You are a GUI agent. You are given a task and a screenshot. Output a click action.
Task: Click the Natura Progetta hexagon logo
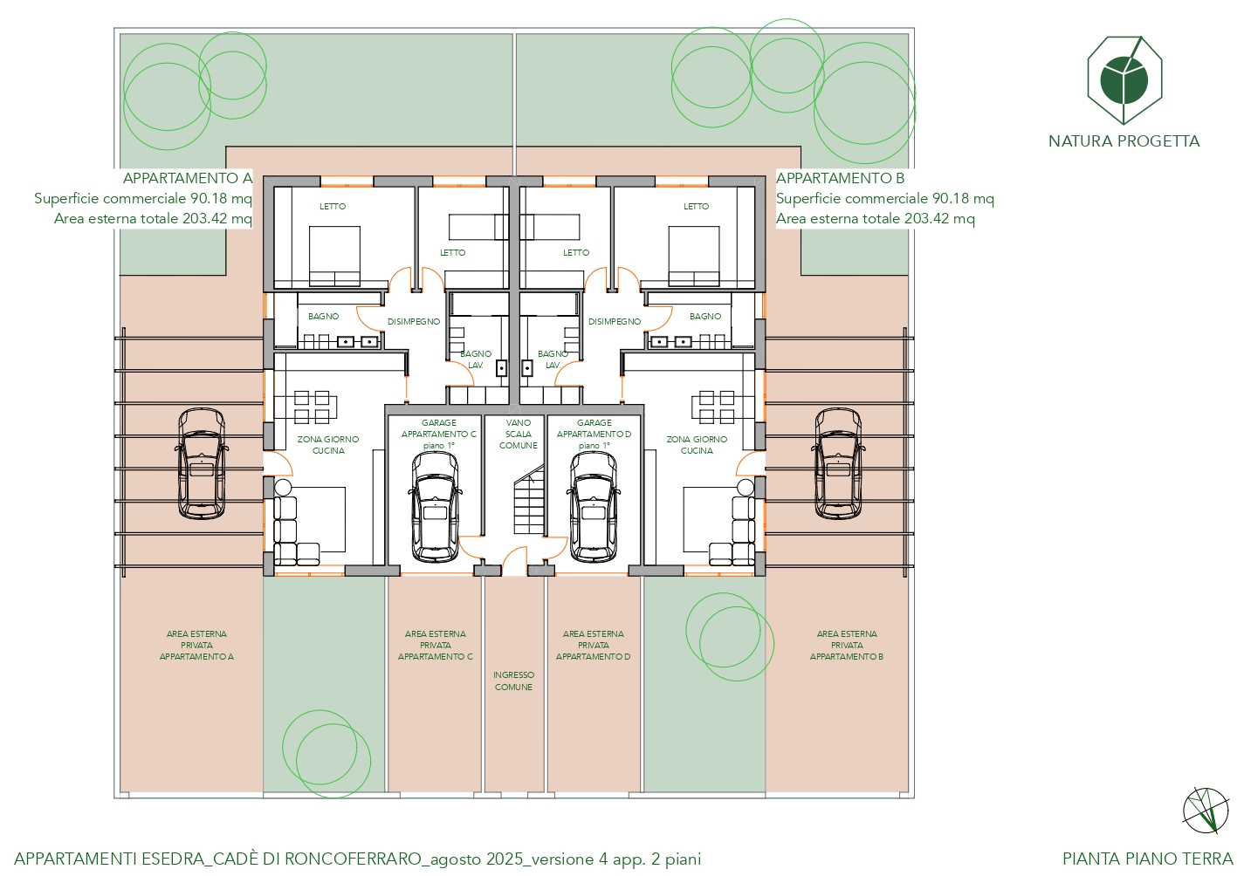pyautogui.click(x=1124, y=80)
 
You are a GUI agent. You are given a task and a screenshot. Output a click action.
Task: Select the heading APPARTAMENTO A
pyautogui.click(x=188, y=178)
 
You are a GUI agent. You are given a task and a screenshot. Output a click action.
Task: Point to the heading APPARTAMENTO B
pyautogui.click(x=840, y=178)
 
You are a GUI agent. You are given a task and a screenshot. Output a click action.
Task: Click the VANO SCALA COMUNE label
pyautogui.click(x=518, y=434)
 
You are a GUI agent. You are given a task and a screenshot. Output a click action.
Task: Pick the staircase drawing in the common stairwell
pyautogui.click(x=529, y=500)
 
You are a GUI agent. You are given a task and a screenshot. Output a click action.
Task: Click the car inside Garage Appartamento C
pyautogui.click(x=435, y=507)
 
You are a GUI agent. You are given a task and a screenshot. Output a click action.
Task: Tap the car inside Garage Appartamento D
pyautogui.click(x=594, y=507)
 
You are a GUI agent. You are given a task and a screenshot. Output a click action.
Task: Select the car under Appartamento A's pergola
pyautogui.click(x=202, y=463)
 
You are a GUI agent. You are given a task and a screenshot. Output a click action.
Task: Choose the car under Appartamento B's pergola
pyautogui.click(x=838, y=463)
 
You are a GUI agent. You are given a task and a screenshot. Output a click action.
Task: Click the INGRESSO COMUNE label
pyautogui.click(x=513, y=681)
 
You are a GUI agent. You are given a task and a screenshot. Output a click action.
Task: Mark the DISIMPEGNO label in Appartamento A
pyautogui.click(x=414, y=321)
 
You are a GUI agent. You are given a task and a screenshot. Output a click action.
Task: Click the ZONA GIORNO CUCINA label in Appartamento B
pyautogui.click(x=697, y=445)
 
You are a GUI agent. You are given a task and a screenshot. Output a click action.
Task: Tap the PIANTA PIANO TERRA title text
pyautogui.click(x=1148, y=859)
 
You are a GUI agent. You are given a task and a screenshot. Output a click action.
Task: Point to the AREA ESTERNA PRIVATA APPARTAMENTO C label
pyautogui.click(x=436, y=646)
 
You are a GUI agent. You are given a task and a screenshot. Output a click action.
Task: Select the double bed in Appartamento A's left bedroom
pyautogui.click(x=334, y=257)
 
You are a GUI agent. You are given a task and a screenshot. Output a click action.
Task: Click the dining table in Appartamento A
pyautogui.click(x=306, y=407)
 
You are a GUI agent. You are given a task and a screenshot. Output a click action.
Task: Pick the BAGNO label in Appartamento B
pyautogui.click(x=705, y=317)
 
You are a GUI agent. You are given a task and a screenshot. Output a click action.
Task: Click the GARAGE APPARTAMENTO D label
pyautogui.click(x=594, y=434)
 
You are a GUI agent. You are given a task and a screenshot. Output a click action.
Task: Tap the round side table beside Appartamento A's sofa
pyautogui.click(x=283, y=488)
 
